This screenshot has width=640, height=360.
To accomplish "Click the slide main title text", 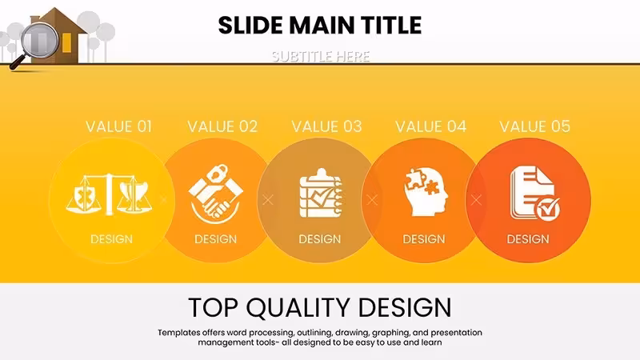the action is [319, 26].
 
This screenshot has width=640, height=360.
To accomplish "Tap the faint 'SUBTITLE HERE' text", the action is [321, 56].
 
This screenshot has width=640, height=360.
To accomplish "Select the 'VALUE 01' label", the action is [118, 126].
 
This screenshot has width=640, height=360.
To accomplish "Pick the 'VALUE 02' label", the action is [222, 126].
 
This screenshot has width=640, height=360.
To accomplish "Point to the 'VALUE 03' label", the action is [326, 126].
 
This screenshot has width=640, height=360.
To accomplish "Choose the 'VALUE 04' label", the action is [430, 126].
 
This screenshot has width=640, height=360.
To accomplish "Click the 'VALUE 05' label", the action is [534, 126].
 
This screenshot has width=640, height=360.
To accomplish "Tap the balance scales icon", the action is [109, 194].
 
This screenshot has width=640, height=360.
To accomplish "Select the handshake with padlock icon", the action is [215, 194].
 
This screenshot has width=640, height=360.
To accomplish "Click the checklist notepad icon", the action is [321, 193].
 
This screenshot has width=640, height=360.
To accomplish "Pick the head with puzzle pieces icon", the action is [426, 192].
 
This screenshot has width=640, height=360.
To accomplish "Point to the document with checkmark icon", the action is [534, 194].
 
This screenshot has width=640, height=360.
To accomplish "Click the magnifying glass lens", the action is [40, 40].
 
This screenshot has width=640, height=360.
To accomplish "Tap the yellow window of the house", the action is [67, 43].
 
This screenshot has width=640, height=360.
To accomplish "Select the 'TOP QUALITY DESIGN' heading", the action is [319, 307].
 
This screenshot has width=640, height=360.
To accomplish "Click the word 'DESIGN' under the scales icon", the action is [111, 239].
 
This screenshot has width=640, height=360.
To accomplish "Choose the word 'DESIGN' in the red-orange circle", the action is [528, 239].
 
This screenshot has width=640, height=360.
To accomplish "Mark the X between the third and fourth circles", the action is [372, 199].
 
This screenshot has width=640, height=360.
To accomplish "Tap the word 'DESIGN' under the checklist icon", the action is [319, 239].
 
